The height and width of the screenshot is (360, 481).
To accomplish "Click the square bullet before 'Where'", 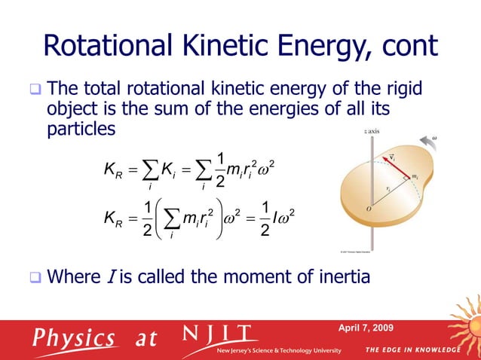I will click(35, 278).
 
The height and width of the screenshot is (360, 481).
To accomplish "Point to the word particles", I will click(81, 129).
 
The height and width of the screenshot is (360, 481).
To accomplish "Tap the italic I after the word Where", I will click(107, 277).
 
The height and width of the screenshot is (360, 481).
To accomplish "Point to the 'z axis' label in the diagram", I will click(371, 131).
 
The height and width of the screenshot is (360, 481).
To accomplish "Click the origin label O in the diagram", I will click(367, 209).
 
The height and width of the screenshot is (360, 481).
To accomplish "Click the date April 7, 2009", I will click(370, 326).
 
